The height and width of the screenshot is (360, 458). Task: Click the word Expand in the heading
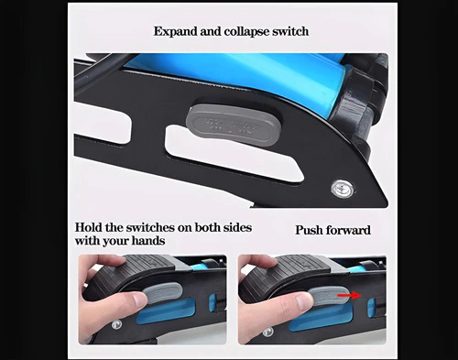[x=175, y=32]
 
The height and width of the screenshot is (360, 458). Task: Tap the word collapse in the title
[x=246, y=32]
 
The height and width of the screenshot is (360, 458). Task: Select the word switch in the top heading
[x=290, y=31]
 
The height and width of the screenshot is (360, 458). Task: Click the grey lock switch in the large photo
[x=234, y=125]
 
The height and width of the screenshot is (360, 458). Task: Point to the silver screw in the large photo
[x=343, y=189]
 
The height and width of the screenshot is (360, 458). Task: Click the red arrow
[x=349, y=295]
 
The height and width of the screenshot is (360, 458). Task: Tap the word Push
[x=309, y=230]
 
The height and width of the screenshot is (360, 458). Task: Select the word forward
[x=348, y=230]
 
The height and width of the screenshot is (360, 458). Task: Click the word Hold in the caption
[x=89, y=227]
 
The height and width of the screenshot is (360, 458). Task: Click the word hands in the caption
[x=148, y=241]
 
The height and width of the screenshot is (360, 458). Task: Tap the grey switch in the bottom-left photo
[x=163, y=292]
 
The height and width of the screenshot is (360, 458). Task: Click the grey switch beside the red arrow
[x=329, y=295]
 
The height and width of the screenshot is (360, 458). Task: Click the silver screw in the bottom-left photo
[x=116, y=324]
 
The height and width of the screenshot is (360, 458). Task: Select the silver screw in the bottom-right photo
[x=267, y=333]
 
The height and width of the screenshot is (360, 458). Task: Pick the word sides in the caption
[x=237, y=227]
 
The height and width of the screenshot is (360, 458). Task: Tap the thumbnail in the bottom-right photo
[x=304, y=301]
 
